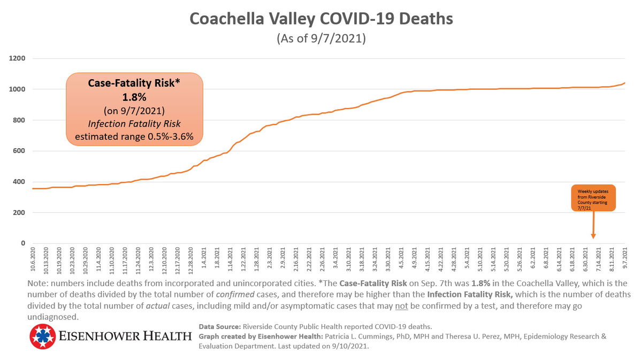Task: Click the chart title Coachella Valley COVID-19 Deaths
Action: (x=321, y=19)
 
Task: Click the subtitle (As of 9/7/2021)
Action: (x=321, y=39)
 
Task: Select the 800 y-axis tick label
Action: (x=19, y=120)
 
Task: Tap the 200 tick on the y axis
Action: (x=19, y=213)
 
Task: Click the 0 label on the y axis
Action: (x=23, y=244)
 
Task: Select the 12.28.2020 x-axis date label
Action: (x=191, y=259)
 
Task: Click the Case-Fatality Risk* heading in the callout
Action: (x=134, y=84)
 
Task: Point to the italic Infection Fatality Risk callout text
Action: (x=134, y=124)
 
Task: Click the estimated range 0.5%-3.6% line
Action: (x=134, y=137)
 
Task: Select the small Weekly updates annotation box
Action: (x=593, y=198)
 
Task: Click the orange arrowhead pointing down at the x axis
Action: (x=593, y=235)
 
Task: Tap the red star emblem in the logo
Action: (x=42, y=336)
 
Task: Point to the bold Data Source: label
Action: (x=219, y=326)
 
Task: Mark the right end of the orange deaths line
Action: (x=625, y=83)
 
